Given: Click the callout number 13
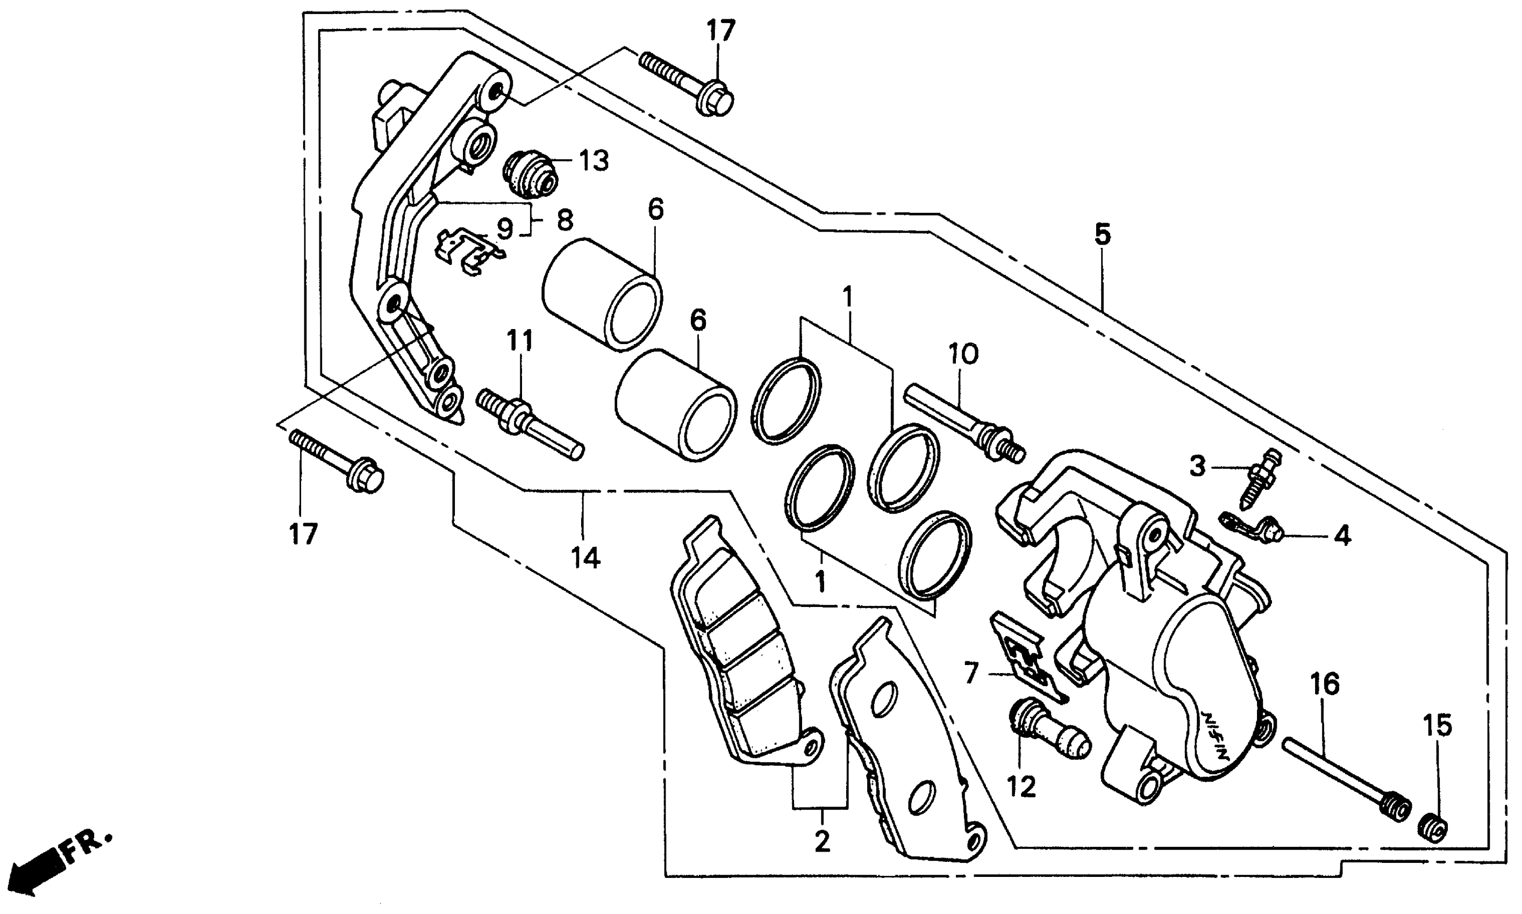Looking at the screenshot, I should click(593, 161).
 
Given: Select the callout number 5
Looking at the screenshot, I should click(1102, 234).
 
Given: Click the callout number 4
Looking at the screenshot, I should click(1342, 536).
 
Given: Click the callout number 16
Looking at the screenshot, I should click(1324, 684).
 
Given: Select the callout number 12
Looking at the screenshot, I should click(1021, 787).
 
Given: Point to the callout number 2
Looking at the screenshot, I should click(822, 841).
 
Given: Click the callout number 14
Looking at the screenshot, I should click(584, 558).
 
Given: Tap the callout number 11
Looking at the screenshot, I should click(520, 340).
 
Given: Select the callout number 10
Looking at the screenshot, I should click(963, 355).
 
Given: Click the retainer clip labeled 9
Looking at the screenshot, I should click(468, 253).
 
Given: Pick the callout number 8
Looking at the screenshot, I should click(565, 220).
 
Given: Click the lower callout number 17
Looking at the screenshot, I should click(303, 534).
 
